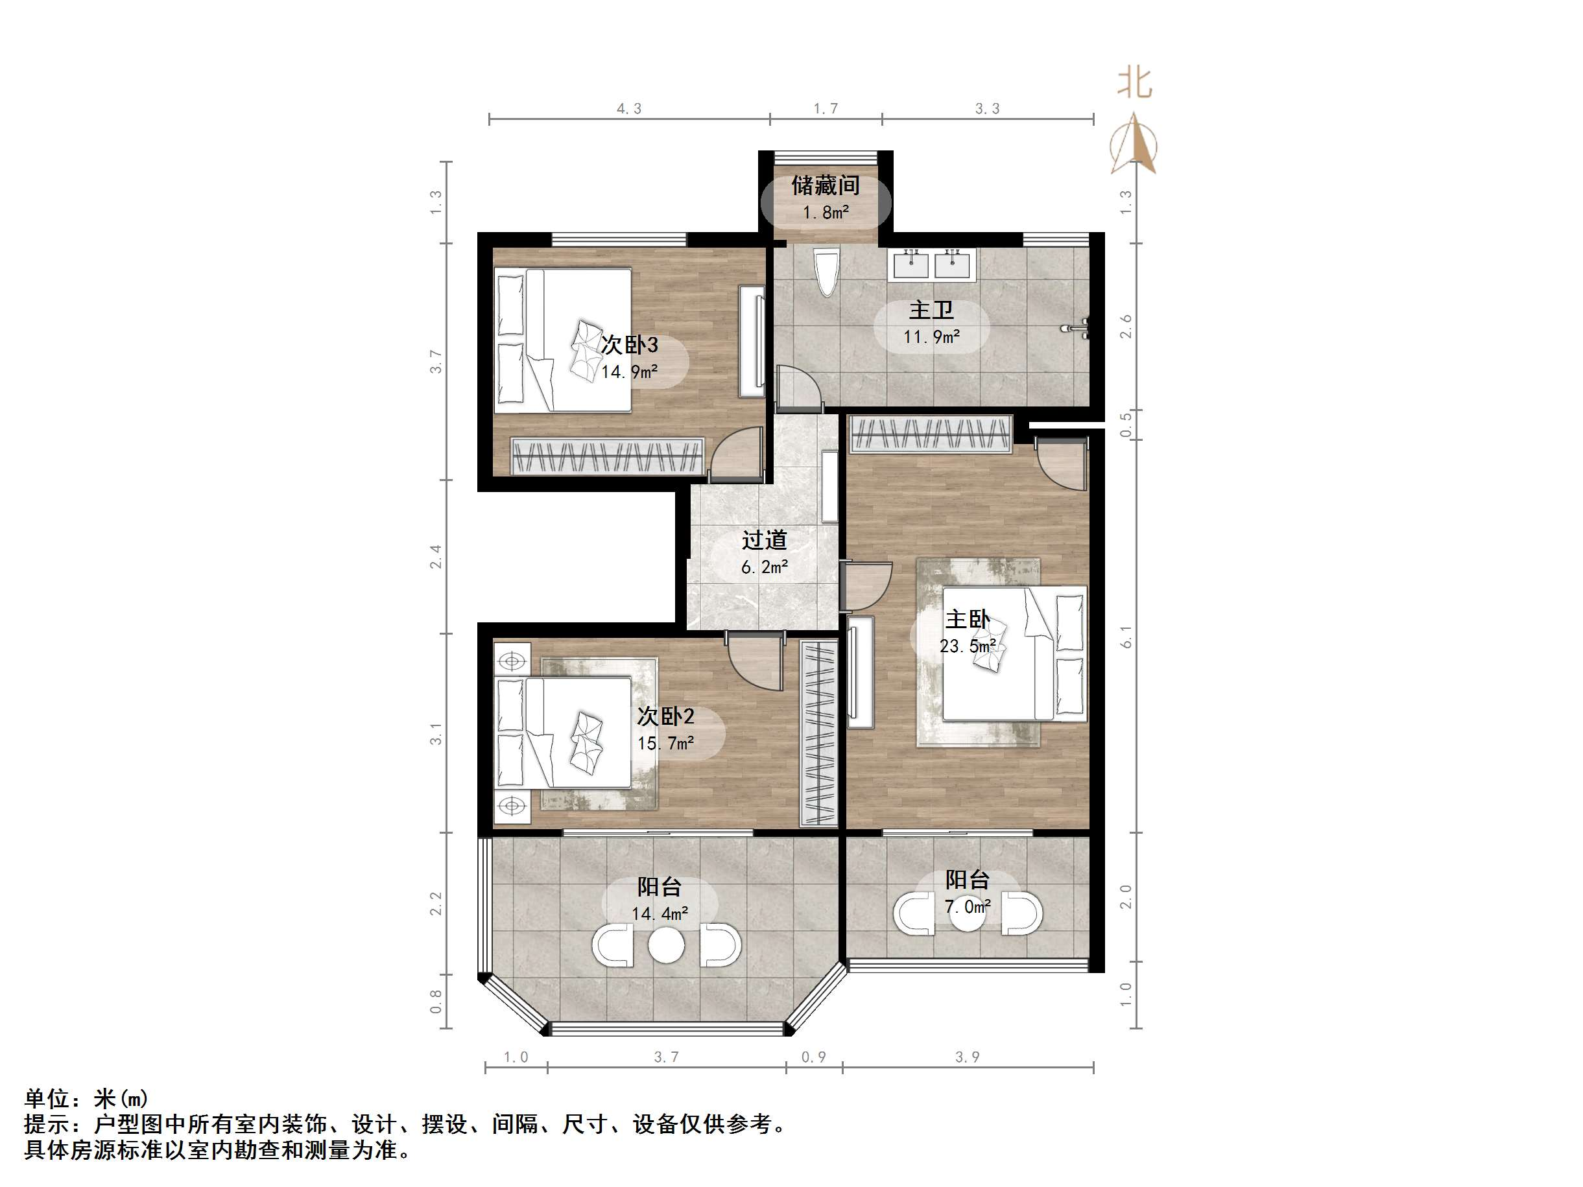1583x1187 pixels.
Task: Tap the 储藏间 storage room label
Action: [x=825, y=186]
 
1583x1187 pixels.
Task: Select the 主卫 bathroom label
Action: [x=931, y=311]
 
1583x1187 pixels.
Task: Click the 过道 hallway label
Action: [x=765, y=540]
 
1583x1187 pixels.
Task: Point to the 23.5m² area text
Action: [x=968, y=647]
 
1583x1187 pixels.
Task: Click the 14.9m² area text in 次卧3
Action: [x=629, y=372]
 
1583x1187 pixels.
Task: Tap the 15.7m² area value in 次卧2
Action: [x=665, y=744]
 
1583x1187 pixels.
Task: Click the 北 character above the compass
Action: [x=1134, y=83]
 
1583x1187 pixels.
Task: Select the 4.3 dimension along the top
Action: [x=629, y=109]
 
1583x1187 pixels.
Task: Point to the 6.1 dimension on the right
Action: [x=1126, y=636]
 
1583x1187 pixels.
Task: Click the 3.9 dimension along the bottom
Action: [x=968, y=1057]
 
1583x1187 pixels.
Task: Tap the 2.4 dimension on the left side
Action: [x=436, y=557]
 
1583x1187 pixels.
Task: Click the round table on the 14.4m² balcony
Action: [x=666, y=946]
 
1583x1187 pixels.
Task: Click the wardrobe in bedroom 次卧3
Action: [x=607, y=456]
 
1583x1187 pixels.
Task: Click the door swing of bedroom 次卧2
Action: [x=755, y=662]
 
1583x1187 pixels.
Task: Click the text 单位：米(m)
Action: [x=86, y=1098]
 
